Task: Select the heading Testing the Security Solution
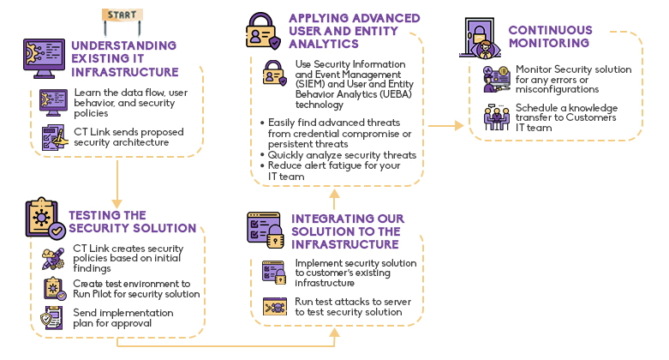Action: tap(132, 222)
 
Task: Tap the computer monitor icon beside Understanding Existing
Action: tap(44, 58)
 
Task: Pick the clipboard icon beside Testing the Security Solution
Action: tap(45, 219)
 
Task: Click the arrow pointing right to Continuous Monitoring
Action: tap(447, 126)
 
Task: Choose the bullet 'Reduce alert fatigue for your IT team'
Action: tap(335, 171)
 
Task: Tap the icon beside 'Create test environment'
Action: tap(53, 288)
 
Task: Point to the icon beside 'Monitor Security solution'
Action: tap(496, 79)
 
